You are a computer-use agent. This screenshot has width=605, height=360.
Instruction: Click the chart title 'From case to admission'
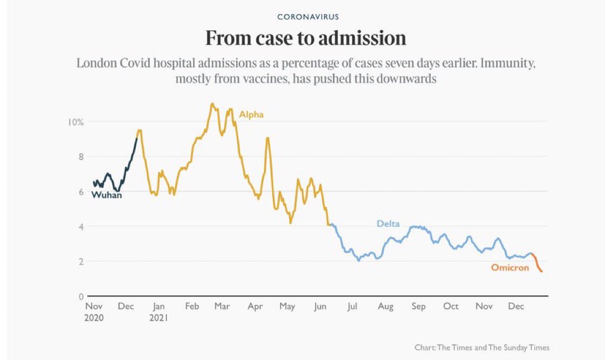tap(306, 39)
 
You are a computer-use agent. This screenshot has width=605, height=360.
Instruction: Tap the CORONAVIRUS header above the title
tap(308, 17)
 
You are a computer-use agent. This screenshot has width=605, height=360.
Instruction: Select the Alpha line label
tap(251, 115)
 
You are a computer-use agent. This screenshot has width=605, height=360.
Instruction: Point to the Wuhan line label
tap(106, 196)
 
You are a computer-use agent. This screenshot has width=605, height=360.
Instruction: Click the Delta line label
tap(388, 224)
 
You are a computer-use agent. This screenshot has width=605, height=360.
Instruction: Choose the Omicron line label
tap(510, 268)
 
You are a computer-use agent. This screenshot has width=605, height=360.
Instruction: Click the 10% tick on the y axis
tap(75, 122)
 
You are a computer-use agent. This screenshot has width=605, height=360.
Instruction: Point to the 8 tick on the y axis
tap(80, 157)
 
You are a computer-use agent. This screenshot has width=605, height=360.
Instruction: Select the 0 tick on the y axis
tap(80, 296)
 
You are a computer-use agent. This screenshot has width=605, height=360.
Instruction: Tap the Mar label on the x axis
tap(222, 307)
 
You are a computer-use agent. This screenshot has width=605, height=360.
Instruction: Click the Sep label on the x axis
tap(418, 307)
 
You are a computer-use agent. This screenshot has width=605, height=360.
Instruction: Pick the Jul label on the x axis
tap(353, 307)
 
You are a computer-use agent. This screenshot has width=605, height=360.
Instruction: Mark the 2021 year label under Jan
tap(159, 318)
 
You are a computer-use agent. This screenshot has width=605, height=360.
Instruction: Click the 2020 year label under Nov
tap(94, 318)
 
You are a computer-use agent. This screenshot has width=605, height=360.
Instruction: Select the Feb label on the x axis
tap(192, 307)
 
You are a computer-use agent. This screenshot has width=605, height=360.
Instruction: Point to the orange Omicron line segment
tap(537, 264)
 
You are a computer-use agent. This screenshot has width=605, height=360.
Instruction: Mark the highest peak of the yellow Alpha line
tap(212, 103)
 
